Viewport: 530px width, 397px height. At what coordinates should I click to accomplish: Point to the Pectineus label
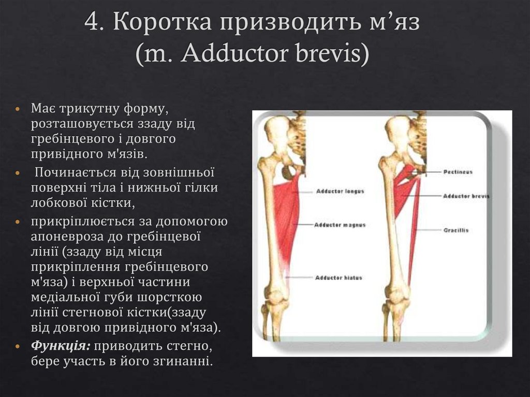(x=458, y=171)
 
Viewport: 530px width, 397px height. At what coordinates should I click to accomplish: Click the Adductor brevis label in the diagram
(x=466, y=197)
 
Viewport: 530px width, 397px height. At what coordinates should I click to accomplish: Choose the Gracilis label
(x=455, y=230)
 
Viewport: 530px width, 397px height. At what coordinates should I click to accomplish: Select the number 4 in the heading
(x=92, y=24)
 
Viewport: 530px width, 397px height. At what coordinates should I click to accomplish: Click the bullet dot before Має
(x=19, y=110)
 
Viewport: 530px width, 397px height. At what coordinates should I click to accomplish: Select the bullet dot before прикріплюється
(x=19, y=222)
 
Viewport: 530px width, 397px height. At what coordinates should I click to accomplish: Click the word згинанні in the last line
(x=183, y=361)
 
